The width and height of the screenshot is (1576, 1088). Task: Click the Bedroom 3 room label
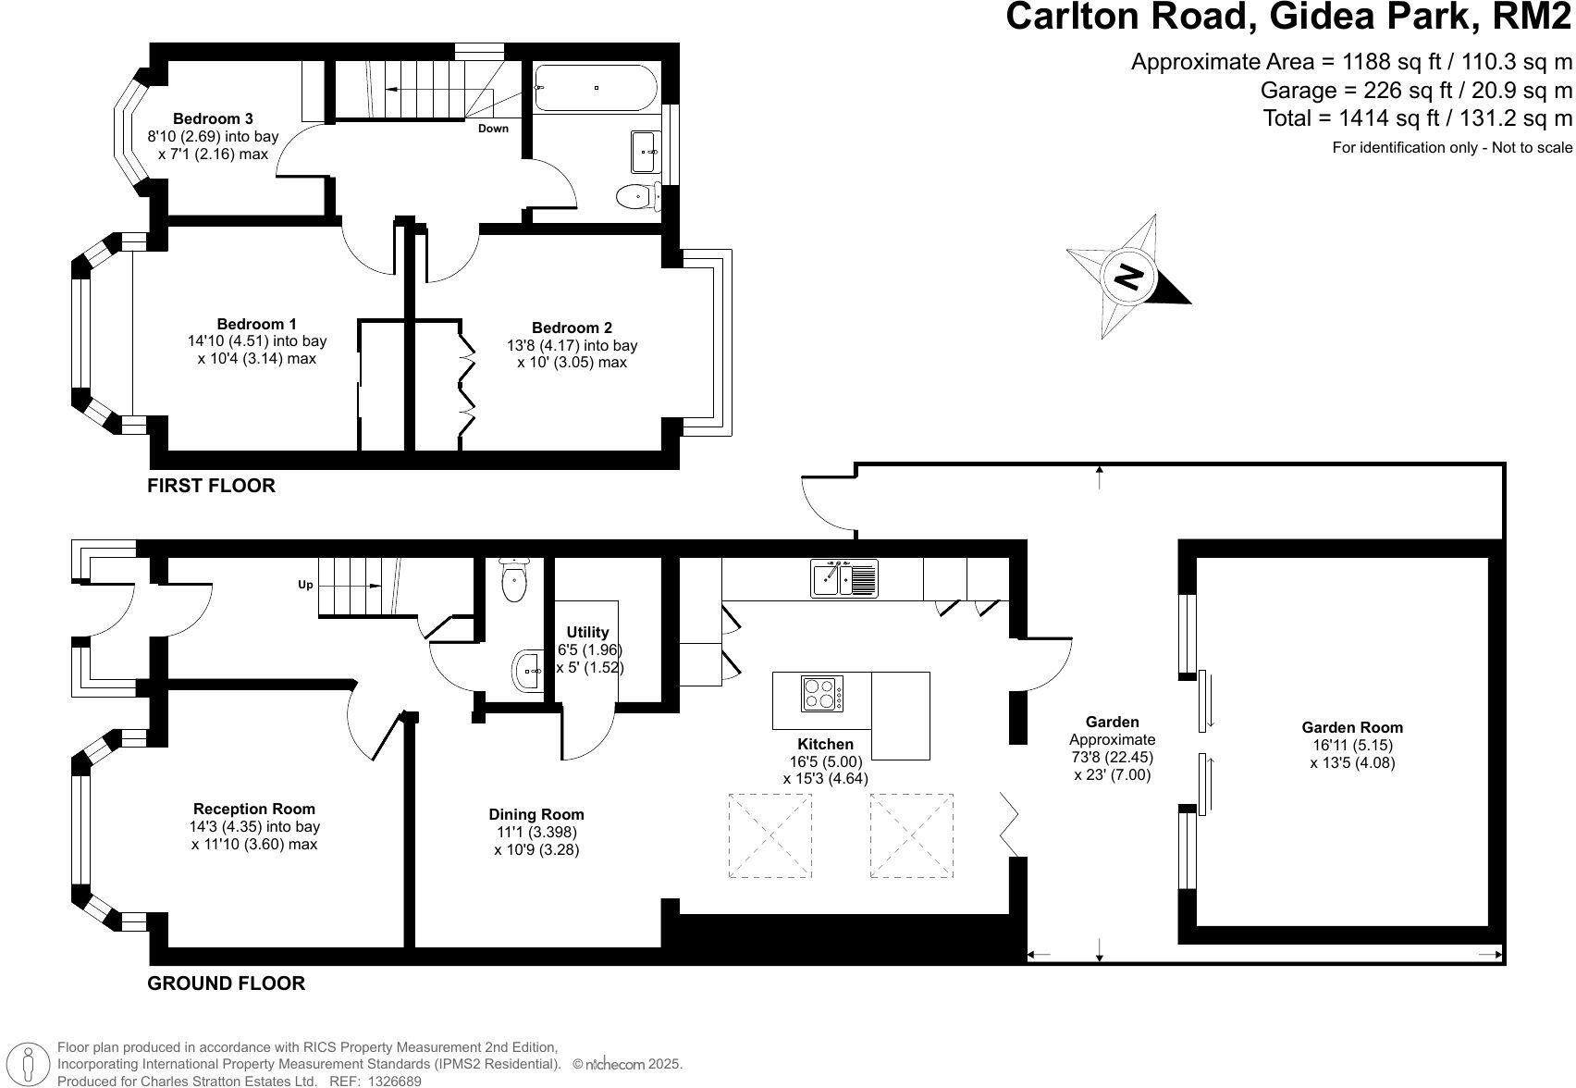coord(213,118)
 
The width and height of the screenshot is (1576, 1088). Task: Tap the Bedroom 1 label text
coord(256,324)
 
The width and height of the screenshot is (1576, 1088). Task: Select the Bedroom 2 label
coord(572,328)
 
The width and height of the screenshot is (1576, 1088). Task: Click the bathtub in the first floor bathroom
coord(596,88)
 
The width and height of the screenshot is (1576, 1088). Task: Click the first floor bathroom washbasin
coord(646,152)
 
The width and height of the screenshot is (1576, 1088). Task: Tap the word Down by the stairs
coord(493,129)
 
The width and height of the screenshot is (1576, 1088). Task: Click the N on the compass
coord(1128,276)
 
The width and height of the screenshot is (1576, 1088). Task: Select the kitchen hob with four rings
coord(821,694)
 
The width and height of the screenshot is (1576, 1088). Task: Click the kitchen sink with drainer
coord(844,578)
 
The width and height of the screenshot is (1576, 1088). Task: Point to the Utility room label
coord(588,632)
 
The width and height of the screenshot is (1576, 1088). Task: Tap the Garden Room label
coord(1352,727)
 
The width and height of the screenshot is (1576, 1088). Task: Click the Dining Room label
coord(536,814)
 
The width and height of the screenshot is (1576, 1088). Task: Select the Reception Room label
coord(254,809)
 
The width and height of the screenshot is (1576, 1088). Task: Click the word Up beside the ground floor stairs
coord(304,585)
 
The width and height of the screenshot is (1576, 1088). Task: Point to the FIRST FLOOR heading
coord(211,485)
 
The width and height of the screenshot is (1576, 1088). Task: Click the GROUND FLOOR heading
coord(226,983)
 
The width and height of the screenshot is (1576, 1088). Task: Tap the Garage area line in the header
coord(1415,90)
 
